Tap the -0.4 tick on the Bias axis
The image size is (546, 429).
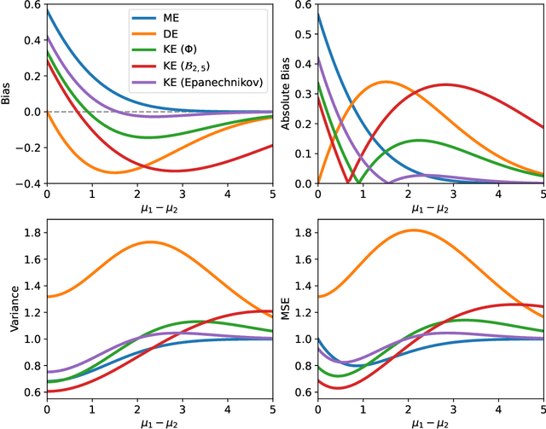point(27,183)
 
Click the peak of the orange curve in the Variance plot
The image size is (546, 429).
point(150,241)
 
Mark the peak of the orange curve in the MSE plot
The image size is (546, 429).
point(414,229)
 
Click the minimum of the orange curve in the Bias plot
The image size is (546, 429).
point(114,172)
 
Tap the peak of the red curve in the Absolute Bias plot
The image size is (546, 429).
point(444,84)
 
